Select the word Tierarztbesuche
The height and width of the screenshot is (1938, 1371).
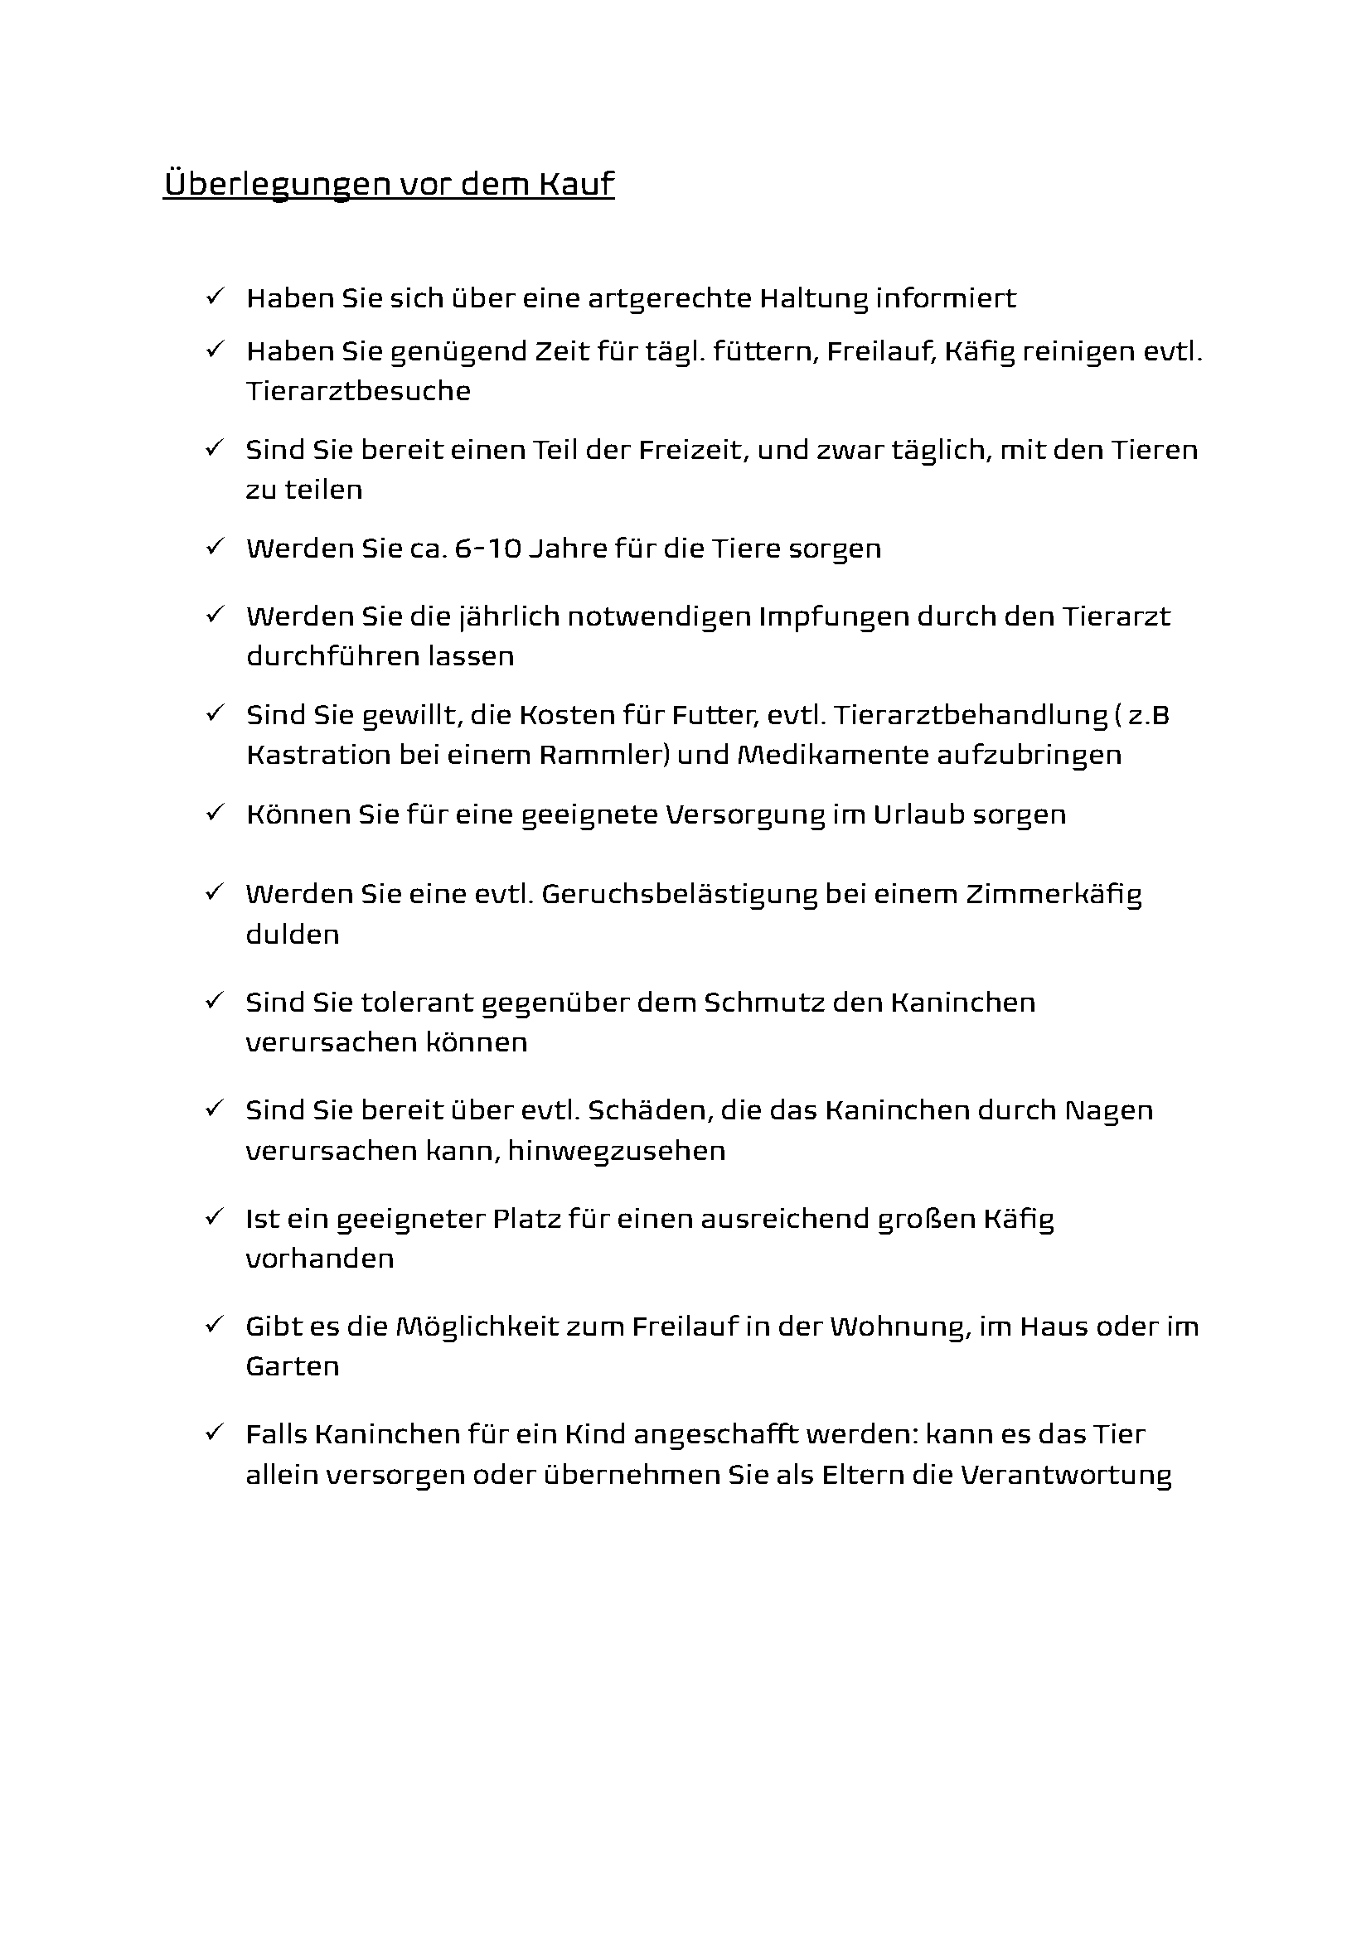pyautogui.click(x=358, y=391)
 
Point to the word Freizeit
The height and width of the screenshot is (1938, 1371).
pyautogui.click(x=692, y=449)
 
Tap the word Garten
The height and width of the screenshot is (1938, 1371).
pyautogui.click(x=292, y=1366)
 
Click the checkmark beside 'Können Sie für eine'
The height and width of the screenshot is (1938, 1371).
pyautogui.click(x=214, y=813)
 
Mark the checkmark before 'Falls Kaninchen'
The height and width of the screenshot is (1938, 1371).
pyautogui.click(x=214, y=1433)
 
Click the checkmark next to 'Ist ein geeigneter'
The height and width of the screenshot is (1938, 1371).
pyautogui.click(x=214, y=1217)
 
